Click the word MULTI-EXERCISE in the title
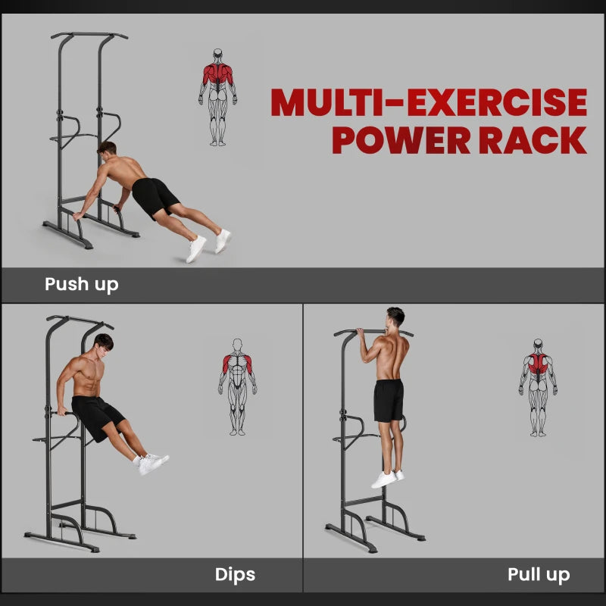point(429,103)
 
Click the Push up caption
point(81,285)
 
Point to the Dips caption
point(235,575)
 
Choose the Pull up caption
point(539,575)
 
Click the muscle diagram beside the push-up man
point(218,96)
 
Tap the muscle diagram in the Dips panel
point(238,386)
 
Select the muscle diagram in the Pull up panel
point(538,387)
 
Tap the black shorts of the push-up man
point(155,196)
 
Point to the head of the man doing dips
point(102,345)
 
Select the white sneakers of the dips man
point(153,462)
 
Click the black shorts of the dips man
point(97,415)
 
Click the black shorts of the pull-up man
point(389,400)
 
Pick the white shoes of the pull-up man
point(387,479)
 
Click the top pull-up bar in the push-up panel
point(89,35)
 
